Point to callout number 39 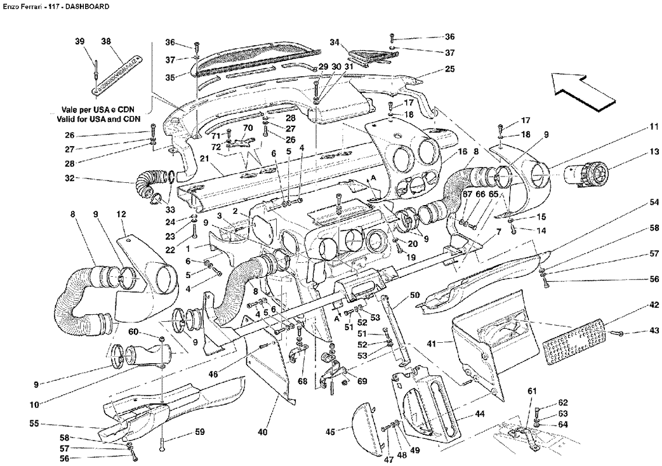click(x=80, y=41)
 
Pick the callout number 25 click(x=450, y=69)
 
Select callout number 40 click(x=263, y=432)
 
